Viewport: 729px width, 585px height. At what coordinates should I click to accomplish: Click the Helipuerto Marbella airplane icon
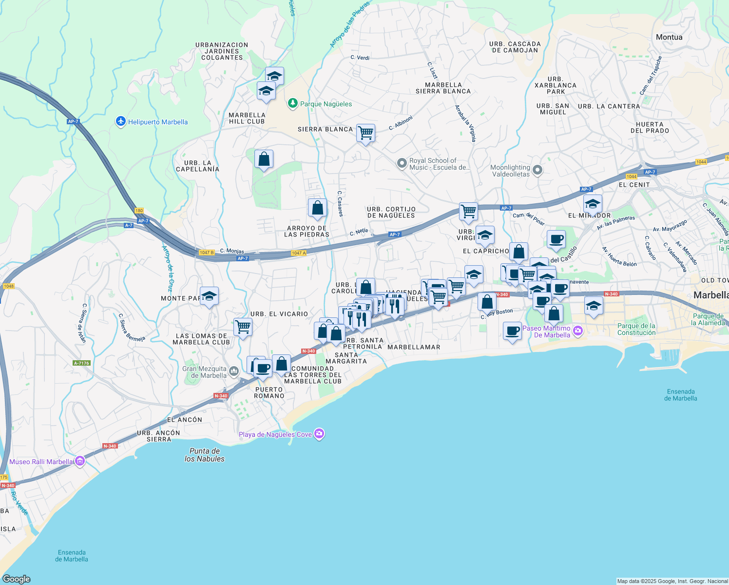(121, 121)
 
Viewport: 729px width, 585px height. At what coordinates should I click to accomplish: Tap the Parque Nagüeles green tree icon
(292, 103)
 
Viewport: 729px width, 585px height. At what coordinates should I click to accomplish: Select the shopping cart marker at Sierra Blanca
(365, 133)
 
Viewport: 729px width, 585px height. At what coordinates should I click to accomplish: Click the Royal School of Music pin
(402, 163)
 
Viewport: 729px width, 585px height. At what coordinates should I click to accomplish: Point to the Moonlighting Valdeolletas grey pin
(537, 170)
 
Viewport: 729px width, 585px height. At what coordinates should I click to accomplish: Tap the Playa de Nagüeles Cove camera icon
(319, 434)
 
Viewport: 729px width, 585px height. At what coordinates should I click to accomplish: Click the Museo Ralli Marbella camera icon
(80, 461)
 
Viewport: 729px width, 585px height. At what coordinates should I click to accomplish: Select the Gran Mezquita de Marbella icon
(234, 372)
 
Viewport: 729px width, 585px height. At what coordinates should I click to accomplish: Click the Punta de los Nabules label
(205, 455)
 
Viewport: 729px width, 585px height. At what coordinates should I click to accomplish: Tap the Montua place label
(669, 37)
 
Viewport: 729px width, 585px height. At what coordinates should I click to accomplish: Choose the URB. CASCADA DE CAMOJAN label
(515, 47)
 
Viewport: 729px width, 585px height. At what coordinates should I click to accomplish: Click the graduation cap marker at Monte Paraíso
(209, 296)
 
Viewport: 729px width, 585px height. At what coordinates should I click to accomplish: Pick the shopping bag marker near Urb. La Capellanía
(264, 159)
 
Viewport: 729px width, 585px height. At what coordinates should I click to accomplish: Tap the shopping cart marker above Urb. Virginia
(468, 212)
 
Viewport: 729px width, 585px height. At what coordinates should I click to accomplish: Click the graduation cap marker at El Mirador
(593, 203)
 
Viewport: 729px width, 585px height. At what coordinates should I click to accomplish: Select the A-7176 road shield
(81, 363)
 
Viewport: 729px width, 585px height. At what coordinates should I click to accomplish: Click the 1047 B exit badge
(206, 253)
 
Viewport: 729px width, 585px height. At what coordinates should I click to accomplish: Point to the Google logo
(17, 579)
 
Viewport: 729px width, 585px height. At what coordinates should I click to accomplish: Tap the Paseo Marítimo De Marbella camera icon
(578, 331)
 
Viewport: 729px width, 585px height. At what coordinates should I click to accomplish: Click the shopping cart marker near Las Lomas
(243, 327)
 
